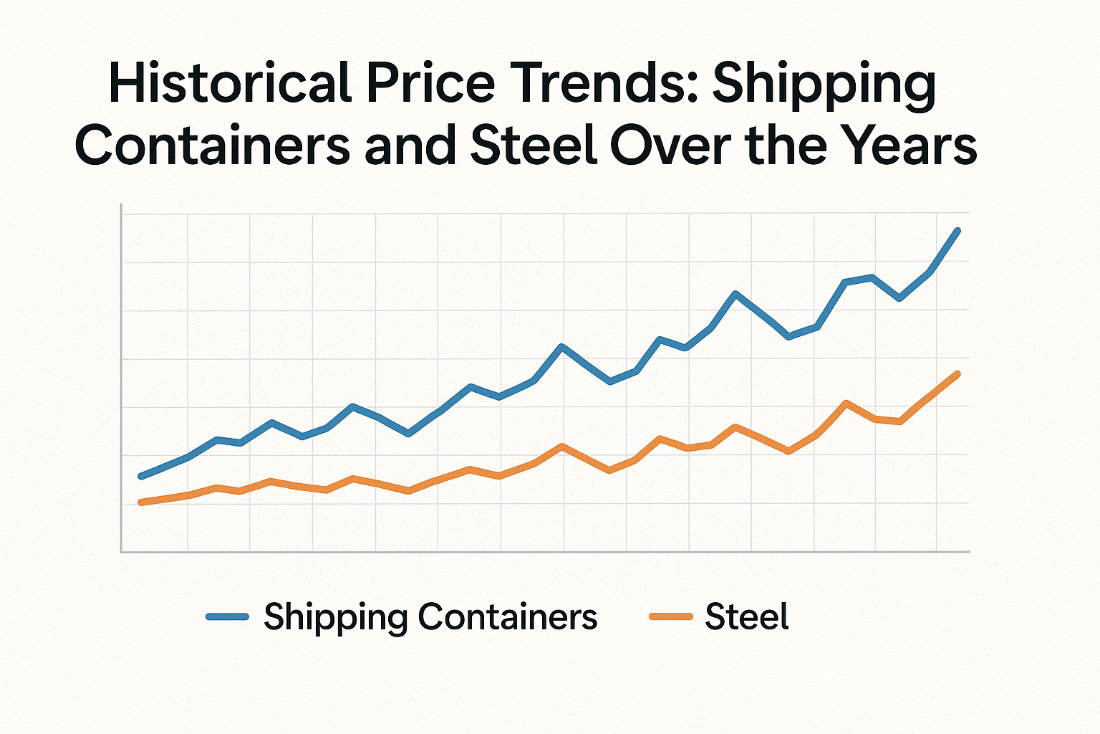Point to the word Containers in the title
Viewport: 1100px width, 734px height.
click(x=212, y=145)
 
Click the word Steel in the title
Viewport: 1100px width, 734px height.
click(x=533, y=145)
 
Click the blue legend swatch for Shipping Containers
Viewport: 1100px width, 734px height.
click(x=227, y=616)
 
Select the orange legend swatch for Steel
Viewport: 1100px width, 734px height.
click(x=670, y=616)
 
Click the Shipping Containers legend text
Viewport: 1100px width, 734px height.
click(x=430, y=617)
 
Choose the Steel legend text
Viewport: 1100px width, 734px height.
click(x=746, y=617)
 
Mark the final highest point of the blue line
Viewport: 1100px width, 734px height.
click(x=958, y=231)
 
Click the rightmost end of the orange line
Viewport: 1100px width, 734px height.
click(x=958, y=373)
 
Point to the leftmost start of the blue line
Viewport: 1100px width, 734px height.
click(x=141, y=476)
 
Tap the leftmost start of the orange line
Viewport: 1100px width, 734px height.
click(x=141, y=502)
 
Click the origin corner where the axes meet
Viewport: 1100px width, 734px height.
click(x=122, y=552)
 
